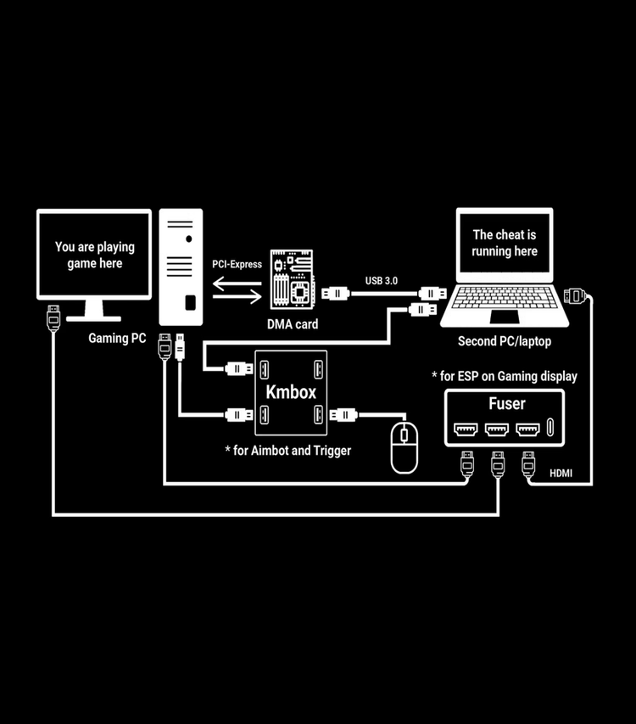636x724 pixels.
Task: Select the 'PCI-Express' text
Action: pos(237,265)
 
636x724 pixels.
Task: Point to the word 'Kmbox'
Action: pos(291,392)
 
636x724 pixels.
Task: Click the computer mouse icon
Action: pos(404,446)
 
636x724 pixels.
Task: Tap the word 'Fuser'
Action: pos(506,404)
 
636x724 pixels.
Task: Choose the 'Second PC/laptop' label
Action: pos(504,341)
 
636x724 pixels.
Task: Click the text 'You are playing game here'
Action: pos(94,255)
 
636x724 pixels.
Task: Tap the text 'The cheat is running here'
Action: pos(505,243)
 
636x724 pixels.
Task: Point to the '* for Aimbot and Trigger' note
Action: pos(287,451)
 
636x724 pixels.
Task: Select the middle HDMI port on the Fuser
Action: pos(497,429)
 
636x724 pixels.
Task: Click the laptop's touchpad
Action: pos(505,317)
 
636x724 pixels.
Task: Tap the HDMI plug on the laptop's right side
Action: pos(574,295)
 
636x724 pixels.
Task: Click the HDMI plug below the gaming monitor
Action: pos(53,318)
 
